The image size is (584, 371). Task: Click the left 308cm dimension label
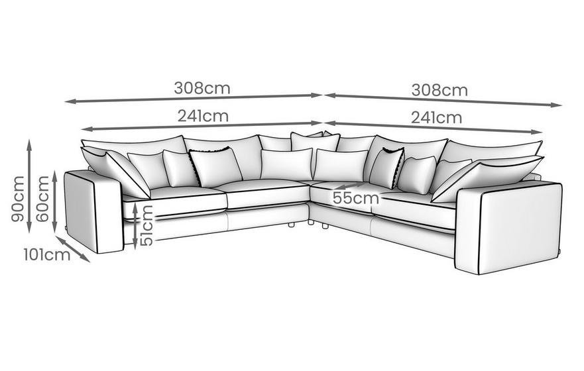tap(202, 88)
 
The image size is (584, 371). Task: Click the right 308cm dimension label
tap(439, 90)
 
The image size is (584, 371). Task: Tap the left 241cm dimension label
tap(203, 116)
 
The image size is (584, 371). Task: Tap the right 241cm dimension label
tap(437, 118)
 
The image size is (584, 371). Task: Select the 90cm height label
tap(17, 199)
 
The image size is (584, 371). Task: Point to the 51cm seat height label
tap(146, 225)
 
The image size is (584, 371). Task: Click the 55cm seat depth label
tap(356, 198)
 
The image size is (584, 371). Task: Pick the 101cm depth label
tap(47, 255)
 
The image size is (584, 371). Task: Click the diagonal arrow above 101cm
tap(73, 249)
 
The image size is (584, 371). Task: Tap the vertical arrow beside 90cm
tap(29, 186)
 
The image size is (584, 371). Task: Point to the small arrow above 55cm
tap(351, 185)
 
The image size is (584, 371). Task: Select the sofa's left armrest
tap(94, 211)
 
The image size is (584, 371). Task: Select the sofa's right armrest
tap(508, 228)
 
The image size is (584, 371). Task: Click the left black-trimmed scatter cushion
tap(215, 166)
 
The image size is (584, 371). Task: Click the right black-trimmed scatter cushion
tap(387, 168)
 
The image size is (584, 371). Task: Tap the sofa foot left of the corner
tap(292, 225)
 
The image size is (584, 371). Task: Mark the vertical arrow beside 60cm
tap(55, 201)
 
